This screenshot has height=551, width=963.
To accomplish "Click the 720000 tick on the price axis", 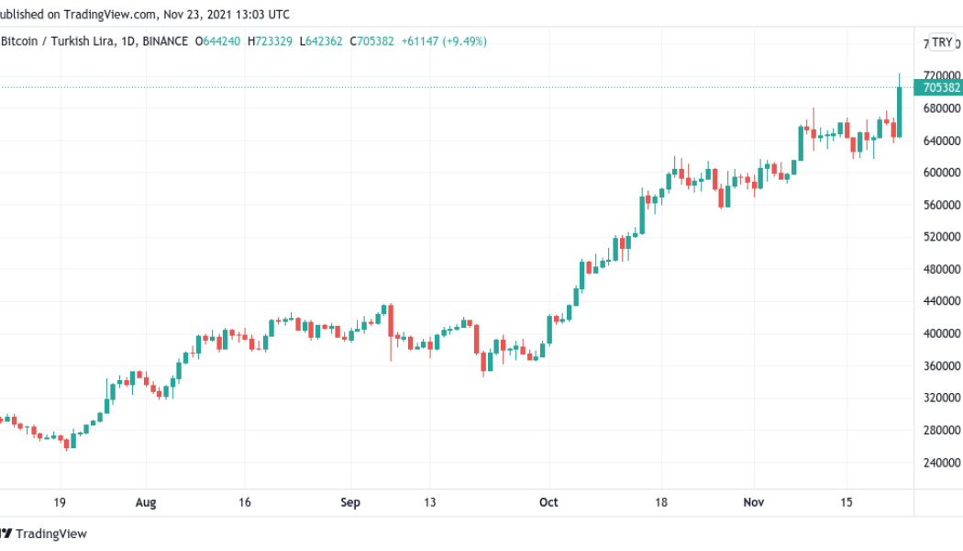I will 942,75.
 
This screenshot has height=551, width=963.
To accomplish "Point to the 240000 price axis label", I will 942,462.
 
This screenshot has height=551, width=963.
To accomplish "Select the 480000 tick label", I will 942,269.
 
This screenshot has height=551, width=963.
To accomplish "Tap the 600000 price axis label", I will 942,173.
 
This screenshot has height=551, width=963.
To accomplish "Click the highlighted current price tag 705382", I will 941,88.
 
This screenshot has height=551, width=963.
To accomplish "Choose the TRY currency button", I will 942,41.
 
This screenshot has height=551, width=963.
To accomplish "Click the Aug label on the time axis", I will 146,502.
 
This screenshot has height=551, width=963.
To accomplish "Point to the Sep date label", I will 350,502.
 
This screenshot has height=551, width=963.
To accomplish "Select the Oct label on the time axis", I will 548,502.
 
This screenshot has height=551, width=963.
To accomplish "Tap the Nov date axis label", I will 753,502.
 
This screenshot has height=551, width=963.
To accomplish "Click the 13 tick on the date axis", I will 430,502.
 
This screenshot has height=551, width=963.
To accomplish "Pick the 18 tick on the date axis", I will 660,502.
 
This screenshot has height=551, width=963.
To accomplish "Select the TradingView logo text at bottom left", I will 51,534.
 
